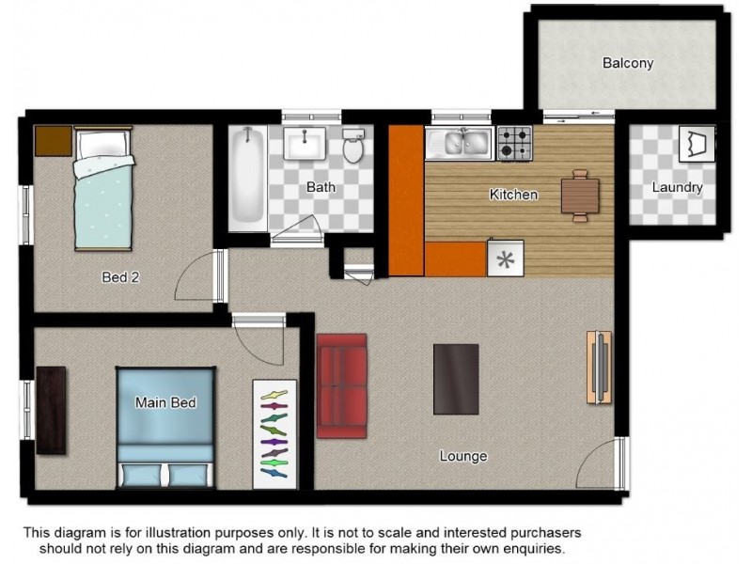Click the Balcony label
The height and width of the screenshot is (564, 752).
(x=628, y=63)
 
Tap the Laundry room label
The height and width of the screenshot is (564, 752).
(x=677, y=187)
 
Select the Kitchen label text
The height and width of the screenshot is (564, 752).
(x=513, y=195)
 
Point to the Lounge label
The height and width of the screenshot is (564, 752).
(x=463, y=456)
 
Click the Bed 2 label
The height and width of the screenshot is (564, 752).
(x=120, y=276)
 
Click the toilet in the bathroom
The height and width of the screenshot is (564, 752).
(x=353, y=145)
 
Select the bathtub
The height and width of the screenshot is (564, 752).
(x=247, y=179)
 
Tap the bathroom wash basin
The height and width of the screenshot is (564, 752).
(x=305, y=143)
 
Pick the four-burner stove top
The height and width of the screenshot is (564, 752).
(x=514, y=144)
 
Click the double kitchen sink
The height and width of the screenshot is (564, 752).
(x=460, y=143)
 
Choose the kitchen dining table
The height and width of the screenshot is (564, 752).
(x=580, y=196)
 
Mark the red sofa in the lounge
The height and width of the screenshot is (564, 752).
(x=342, y=386)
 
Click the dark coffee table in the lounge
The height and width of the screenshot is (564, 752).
(x=456, y=379)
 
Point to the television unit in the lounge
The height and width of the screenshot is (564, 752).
(x=599, y=368)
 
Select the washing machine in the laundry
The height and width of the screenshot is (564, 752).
(x=697, y=144)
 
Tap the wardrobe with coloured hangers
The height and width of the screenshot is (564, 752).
(x=274, y=434)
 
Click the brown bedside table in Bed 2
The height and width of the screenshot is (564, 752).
(x=54, y=140)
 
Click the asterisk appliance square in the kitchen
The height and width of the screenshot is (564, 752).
(x=506, y=259)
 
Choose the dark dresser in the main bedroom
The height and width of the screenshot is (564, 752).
(x=51, y=411)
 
